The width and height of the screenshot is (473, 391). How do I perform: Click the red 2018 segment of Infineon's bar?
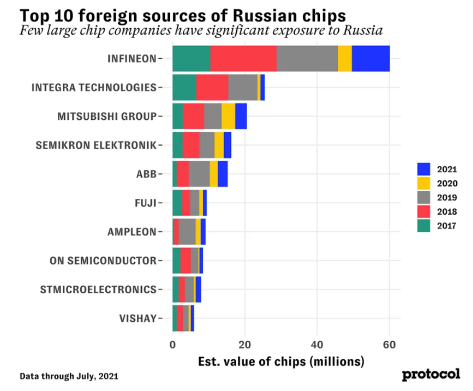(244, 59)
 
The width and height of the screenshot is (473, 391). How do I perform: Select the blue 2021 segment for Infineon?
(370, 59)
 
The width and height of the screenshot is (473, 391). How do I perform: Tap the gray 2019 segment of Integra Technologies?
(243, 87)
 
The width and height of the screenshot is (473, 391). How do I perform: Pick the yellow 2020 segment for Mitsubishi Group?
(228, 116)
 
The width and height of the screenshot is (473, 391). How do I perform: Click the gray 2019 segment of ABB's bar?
(199, 174)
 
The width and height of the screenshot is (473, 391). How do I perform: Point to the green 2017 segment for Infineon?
(191, 59)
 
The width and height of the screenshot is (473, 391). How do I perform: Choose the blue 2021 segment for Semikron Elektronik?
(227, 145)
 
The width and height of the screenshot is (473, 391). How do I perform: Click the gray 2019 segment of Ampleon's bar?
(187, 232)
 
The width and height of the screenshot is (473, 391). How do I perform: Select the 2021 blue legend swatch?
(424, 169)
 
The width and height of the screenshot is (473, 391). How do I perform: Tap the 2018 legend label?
(447, 212)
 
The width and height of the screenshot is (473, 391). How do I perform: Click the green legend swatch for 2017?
(424, 226)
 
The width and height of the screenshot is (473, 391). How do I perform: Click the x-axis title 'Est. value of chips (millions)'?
(281, 361)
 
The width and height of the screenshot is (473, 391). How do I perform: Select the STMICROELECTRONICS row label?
(98, 289)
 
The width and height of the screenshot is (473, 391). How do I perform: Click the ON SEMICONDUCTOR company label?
(103, 261)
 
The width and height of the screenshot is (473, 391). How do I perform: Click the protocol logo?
(431, 374)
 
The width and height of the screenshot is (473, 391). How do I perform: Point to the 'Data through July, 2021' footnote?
(69, 376)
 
